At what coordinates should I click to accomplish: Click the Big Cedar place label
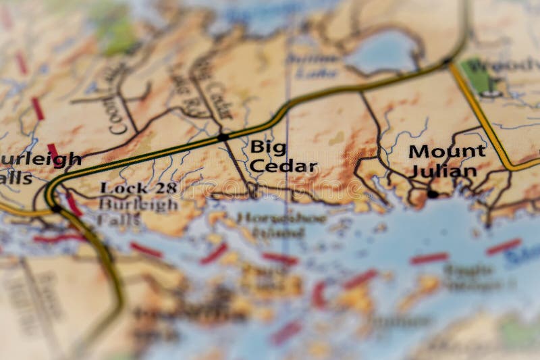point(283,156)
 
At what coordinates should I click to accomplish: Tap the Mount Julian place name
point(446,161)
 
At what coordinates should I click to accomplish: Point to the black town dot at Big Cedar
point(223,137)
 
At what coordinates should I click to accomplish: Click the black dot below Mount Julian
point(432,195)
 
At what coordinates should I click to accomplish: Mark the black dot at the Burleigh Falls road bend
point(56,208)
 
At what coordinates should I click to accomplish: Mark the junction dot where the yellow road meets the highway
point(447,61)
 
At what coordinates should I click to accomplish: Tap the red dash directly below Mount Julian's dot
point(429,258)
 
